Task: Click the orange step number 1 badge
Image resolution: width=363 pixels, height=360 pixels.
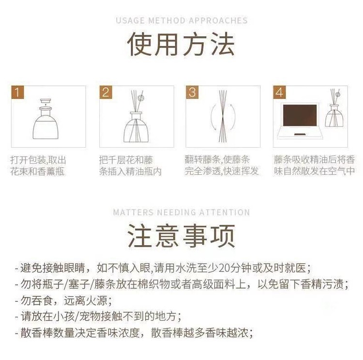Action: tap(17, 92)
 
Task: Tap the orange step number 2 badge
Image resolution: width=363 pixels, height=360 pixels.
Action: tap(106, 92)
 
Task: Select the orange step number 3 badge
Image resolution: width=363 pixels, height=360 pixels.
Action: tap(192, 92)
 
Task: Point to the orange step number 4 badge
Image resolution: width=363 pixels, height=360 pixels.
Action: tap(279, 92)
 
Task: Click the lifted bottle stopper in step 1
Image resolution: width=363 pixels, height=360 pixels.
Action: tap(45, 102)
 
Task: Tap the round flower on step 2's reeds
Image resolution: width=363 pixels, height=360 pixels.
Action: tap(140, 98)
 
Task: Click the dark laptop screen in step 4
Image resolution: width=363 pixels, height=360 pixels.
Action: tap(300, 115)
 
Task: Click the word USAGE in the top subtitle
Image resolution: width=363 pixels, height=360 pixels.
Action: tap(131, 21)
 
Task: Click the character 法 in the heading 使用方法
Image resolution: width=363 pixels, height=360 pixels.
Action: tap(223, 44)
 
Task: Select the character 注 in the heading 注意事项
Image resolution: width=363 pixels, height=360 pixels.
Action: tap(140, 236)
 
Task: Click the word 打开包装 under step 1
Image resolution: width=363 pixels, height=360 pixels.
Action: tap(28, 160)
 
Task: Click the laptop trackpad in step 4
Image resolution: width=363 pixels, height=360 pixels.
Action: tap(300, 134)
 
